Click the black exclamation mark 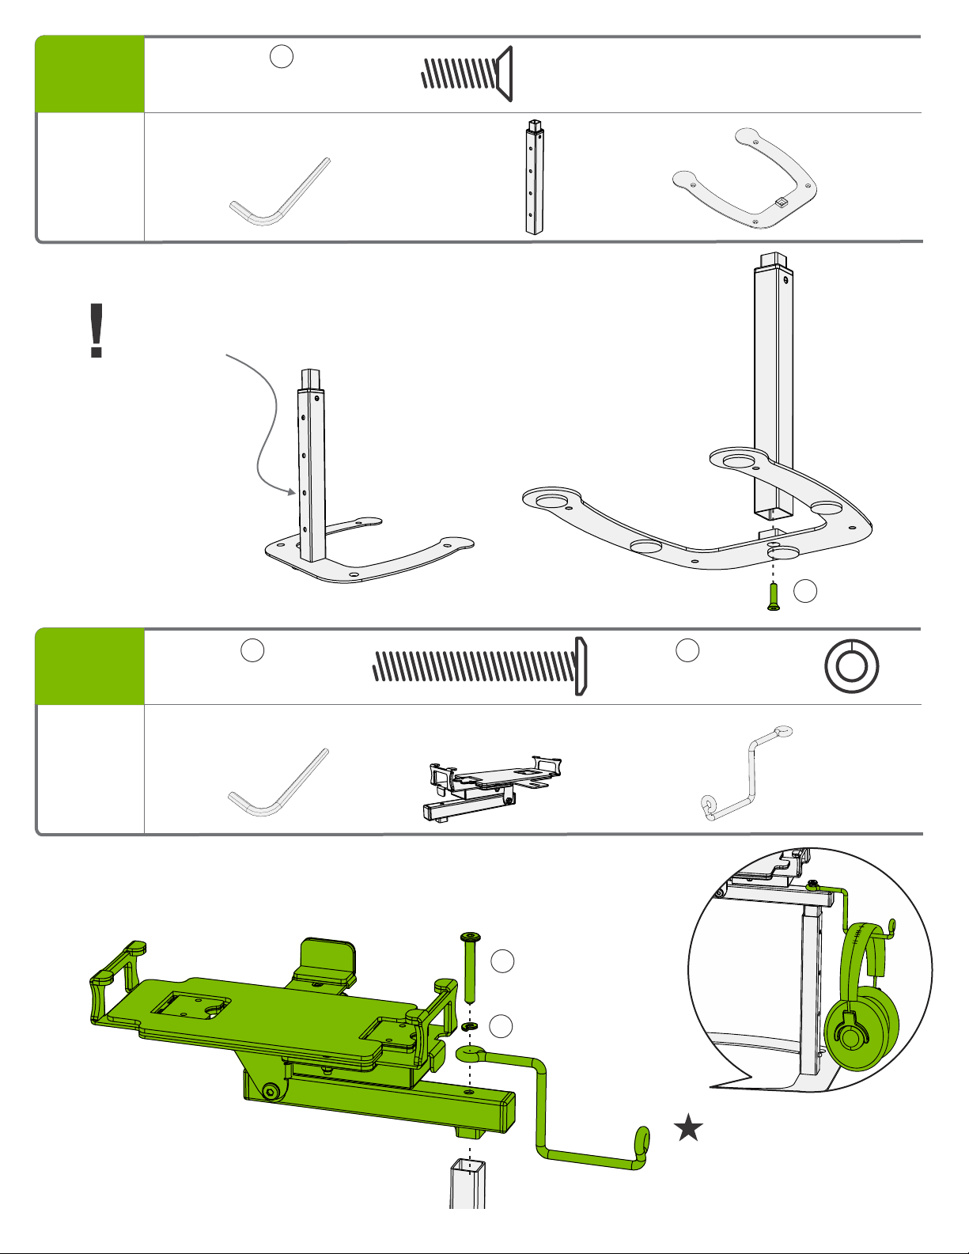pyautogui.click(x=97, y=331)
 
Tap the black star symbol pyautogui.click(x=689, y=1128)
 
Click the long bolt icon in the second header pyautogui.click(x=479, y=666)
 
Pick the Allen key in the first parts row pyautogui.click(x=278, y=192)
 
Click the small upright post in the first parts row pyautogui.click(x=535, y=177)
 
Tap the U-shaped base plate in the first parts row pyautogui.click(x=744, y=179)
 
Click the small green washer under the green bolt pyautogui.click(x=468, y=1027)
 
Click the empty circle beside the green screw pyautogui.click(x=805, y=590)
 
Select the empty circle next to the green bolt pyautogui.click(x=502, y=961)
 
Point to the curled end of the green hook pyautogui.click(x=642, y=1142)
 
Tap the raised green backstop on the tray pyautogui.click(x=326, y=956)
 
